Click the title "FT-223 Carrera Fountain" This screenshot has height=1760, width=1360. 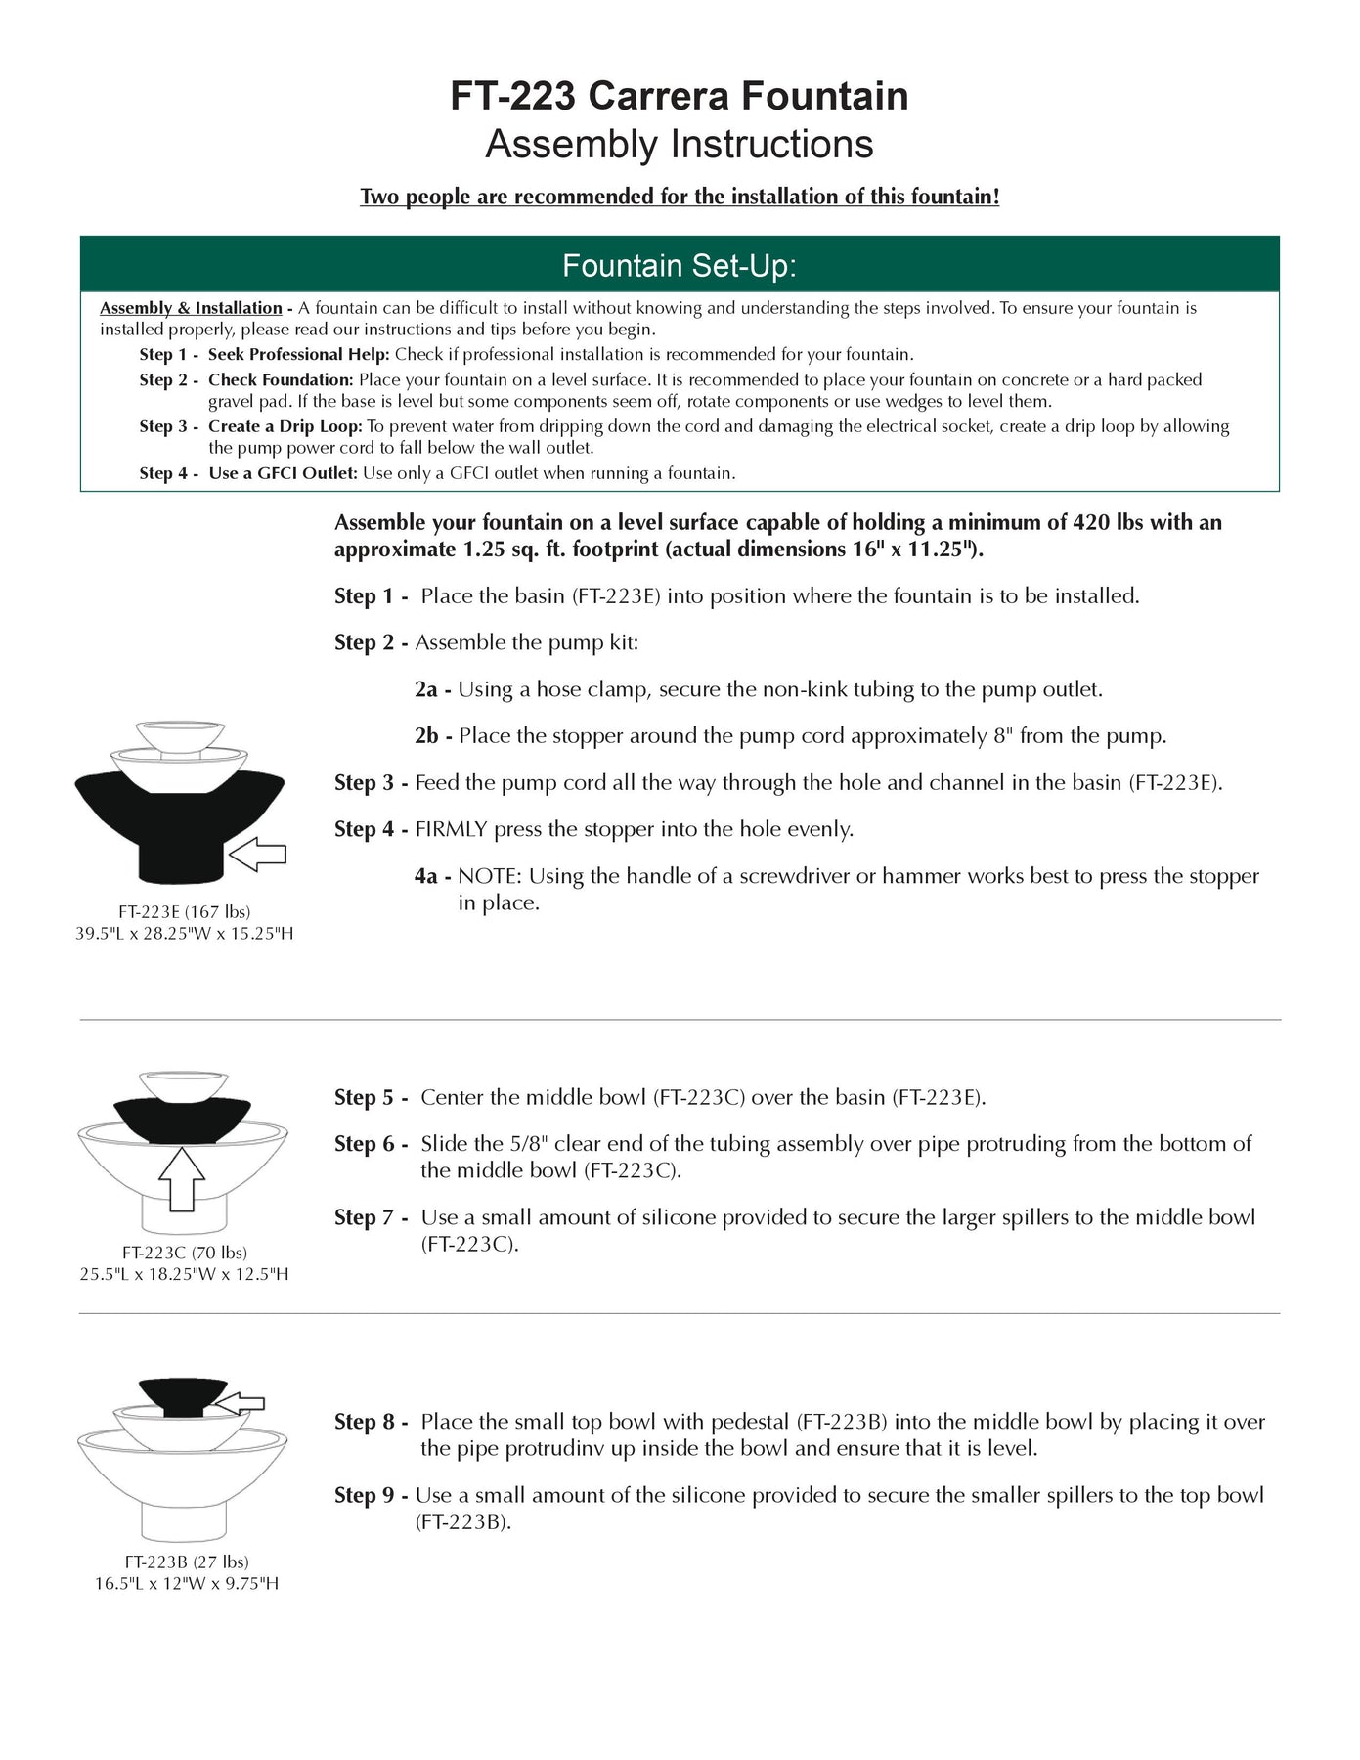(679, 96)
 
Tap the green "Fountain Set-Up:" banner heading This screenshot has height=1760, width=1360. (679, 265)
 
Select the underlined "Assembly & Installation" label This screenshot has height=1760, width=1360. (191, 308)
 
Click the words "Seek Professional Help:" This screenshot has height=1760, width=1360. (298, 354)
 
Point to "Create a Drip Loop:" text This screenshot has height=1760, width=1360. (285, 426)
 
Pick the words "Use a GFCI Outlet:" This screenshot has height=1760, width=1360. (283, 473)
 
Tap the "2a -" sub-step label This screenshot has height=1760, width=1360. (432, 689)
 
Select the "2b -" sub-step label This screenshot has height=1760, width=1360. (433, 735)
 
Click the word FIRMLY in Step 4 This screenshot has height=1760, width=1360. (451, 829)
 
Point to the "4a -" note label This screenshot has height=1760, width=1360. (432, 876)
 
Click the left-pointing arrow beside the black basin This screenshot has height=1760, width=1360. (257, 855)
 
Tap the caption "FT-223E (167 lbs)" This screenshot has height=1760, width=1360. (184, 911)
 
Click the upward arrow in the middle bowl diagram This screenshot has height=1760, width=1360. (182, 1178)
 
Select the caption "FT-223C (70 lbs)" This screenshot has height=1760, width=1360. (184, 1252)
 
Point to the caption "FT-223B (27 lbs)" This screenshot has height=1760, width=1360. (186, 1562)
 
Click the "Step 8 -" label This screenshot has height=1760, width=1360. (371, 1422)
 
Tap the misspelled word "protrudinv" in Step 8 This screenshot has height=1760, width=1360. (554, 1448)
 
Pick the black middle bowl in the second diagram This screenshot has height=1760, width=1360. (182, 1118)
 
